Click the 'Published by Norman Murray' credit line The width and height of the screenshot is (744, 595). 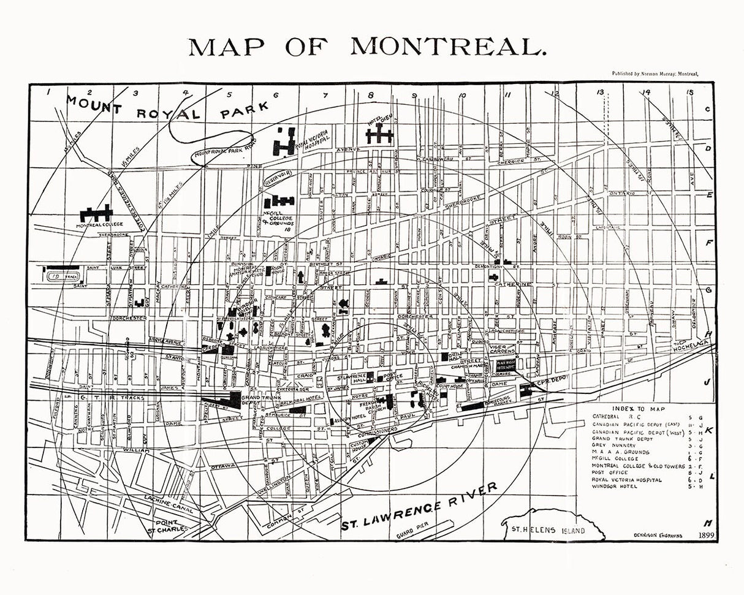coord(655,73)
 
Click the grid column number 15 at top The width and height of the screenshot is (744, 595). coord(691,93)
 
